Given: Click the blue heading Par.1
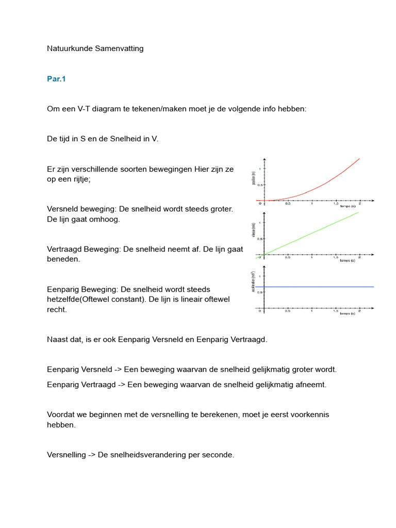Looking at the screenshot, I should click(56, 79).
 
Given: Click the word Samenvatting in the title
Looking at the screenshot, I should click(117, 48).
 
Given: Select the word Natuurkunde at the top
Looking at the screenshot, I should click(67, 48).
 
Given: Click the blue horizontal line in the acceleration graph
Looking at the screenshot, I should click(320, 286).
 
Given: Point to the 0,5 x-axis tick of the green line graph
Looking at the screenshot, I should click(288, 259).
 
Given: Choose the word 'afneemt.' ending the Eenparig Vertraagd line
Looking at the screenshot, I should click(311, 385).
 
